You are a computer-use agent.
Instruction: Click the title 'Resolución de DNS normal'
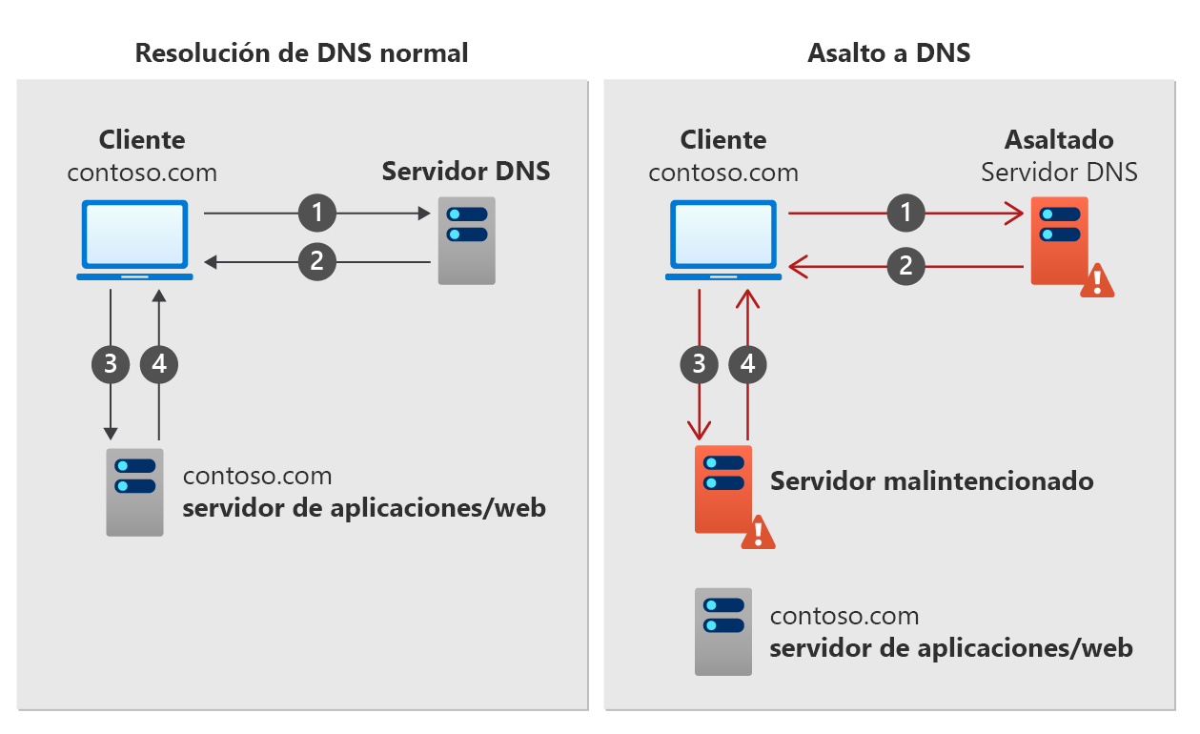(301, 52)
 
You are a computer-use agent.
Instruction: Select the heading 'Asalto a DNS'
(888, 52)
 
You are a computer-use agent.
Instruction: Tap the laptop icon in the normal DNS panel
(134, 240)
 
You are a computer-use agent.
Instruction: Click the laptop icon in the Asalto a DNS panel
(723, 240)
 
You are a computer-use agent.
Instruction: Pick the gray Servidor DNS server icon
(466, 240)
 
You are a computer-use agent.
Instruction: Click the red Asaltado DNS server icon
(1059, 240)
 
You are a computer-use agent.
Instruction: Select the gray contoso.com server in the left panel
(134, 492)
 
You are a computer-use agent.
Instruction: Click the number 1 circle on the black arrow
(317, 214)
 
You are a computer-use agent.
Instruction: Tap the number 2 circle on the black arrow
(317, 260)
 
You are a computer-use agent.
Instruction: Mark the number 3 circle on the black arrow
(111, 363)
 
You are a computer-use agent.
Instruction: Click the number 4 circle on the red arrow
(748, 363)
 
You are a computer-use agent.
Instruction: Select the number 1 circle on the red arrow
(906, 214)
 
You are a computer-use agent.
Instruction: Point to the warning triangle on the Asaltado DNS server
(1097, 280)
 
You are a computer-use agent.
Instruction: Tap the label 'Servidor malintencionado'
(931, 480)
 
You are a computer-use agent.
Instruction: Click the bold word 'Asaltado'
(1059, 140)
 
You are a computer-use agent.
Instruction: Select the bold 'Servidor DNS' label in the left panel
(466, 172)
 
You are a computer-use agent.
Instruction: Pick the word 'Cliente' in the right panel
(723, 140)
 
